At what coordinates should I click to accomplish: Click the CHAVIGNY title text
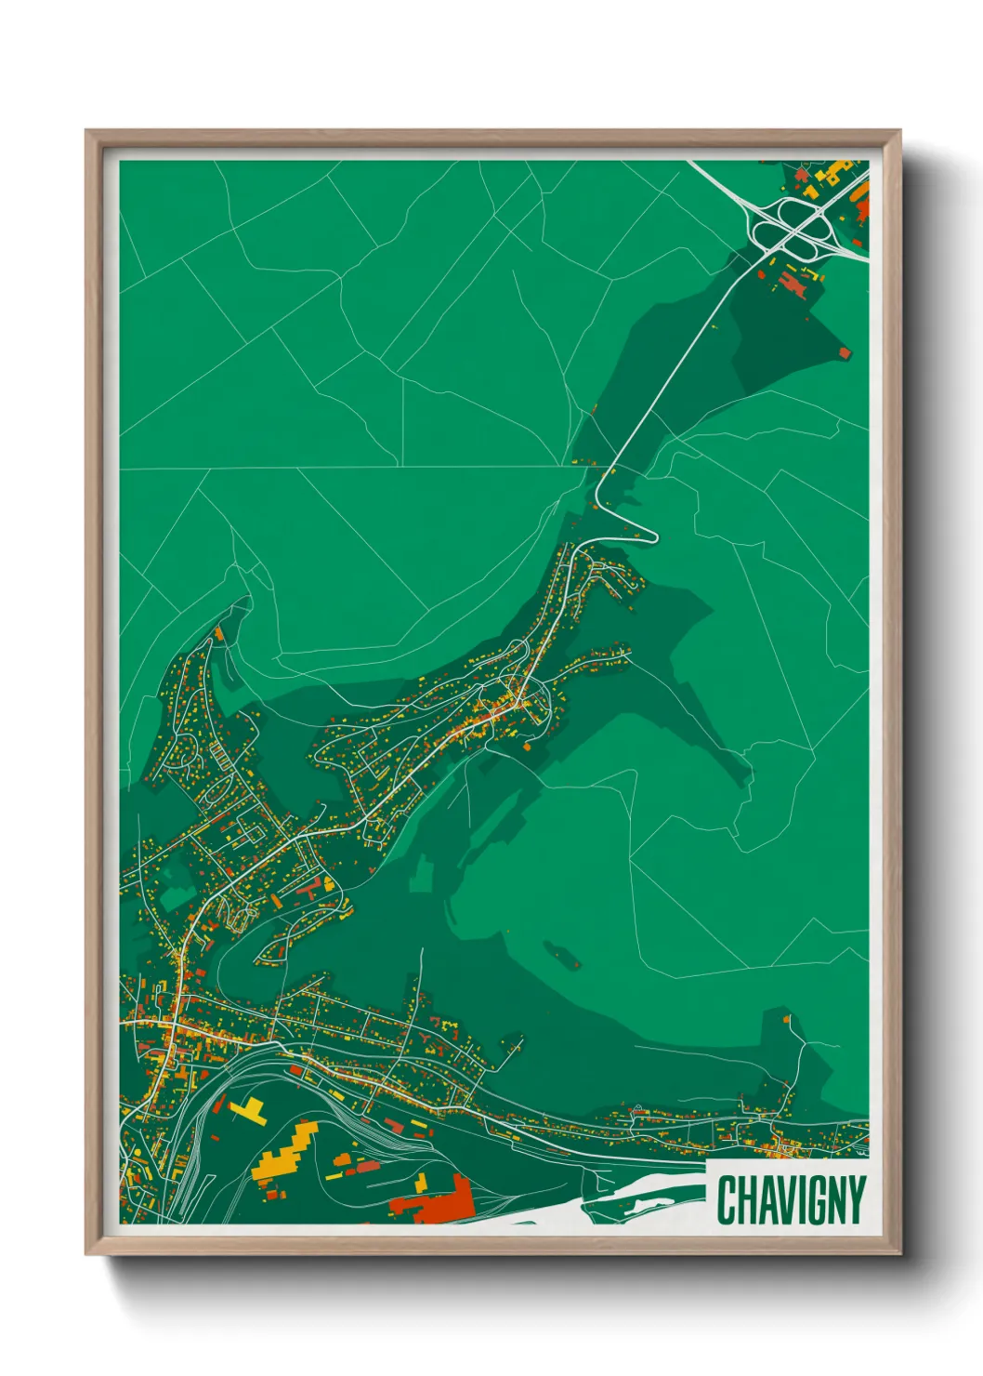791,1199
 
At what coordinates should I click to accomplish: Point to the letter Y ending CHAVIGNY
856,1199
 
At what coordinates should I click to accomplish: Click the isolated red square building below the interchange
844,352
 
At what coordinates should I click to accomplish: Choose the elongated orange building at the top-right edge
861,205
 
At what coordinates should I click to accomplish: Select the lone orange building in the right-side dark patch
788,1019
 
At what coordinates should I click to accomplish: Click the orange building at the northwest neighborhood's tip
219,634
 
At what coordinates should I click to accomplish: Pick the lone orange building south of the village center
527,746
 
